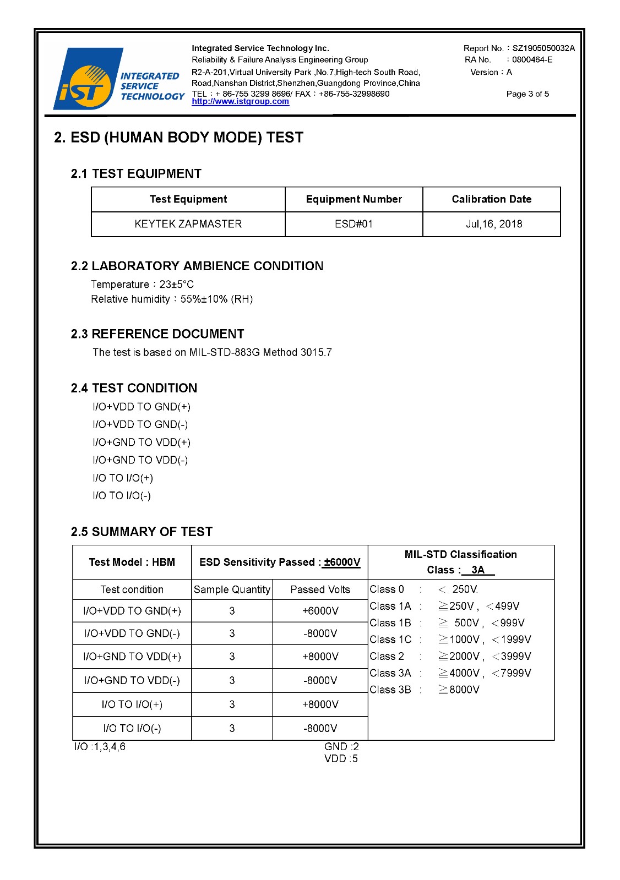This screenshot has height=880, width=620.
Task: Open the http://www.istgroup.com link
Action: (240, 102)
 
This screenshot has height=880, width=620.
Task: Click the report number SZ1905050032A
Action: (543, 48)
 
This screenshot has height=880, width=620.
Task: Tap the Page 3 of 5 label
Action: (527, 94)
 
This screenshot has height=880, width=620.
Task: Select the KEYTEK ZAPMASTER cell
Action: (188, 224)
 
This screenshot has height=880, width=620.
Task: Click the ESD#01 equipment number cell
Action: (353, 224)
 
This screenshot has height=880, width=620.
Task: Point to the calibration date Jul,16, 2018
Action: (494, 224)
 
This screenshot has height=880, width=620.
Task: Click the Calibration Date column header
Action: (491, 199)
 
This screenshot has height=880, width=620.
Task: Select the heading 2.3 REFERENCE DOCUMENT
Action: (157, 334)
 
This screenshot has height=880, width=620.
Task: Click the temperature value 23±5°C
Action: (177, 285)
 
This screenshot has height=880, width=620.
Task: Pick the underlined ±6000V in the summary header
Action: (342, 562)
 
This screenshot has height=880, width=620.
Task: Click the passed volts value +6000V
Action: (320, 611)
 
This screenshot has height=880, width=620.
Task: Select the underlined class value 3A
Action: (478, 570)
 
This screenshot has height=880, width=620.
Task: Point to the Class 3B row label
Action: (390, 690)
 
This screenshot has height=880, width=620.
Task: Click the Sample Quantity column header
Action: (232, 589)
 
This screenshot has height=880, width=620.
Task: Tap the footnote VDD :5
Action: (341, 759)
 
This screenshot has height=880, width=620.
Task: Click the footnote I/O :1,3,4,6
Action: (100, 747)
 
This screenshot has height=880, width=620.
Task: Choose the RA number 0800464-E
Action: (532, 60)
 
